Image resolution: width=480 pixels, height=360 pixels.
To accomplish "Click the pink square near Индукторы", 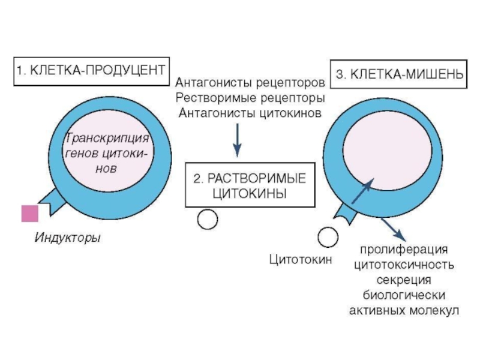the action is [30, 214].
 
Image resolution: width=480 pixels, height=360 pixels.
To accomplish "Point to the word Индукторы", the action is [68, 238].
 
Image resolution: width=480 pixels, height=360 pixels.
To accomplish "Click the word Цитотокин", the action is [301, 260].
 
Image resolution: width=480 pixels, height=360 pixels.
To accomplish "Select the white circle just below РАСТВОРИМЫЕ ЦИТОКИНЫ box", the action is [208, 219].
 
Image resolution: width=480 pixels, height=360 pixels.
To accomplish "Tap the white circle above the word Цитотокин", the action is [328, 237].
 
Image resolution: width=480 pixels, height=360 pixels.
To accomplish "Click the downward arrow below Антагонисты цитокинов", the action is [237, 140].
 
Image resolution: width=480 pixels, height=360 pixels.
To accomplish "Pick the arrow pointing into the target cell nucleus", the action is [363, 191].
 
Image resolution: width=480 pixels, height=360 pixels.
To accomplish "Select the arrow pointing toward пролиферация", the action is [394, 230].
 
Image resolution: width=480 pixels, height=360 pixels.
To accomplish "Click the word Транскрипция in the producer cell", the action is [107, 139].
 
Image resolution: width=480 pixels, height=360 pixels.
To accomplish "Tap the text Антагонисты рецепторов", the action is [250, 83].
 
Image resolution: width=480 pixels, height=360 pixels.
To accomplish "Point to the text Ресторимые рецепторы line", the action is [250, 98].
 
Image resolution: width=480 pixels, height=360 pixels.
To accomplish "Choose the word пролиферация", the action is [404, 250].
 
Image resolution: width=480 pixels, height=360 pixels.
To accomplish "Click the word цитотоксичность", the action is [404, 265].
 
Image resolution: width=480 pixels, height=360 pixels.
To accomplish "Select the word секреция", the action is [404, 280].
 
